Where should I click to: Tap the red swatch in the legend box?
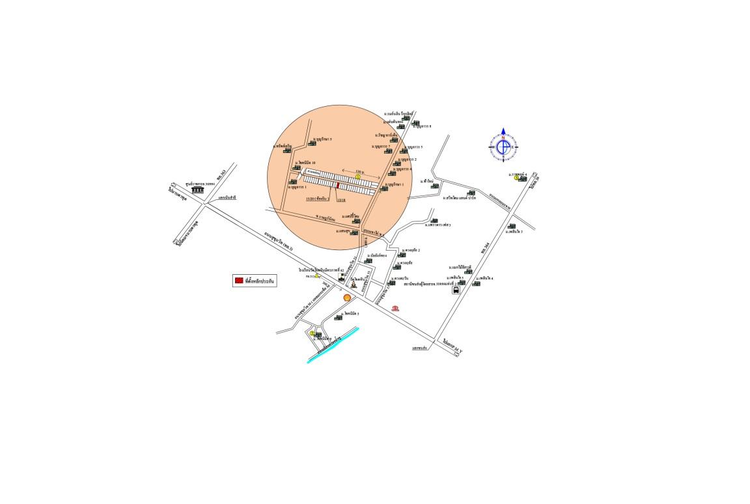point(239,281)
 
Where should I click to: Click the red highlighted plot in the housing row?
point(338,186)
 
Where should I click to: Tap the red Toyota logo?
point(395,308)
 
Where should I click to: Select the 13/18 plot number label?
point(340,200)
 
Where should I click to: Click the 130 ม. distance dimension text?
point(359,171)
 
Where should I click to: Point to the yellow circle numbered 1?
point(358,176)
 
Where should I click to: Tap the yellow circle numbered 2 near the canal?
point(312,333)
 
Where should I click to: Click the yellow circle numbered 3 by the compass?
point(517,178)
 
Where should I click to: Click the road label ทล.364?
point(485,247)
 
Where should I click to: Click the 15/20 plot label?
point(318,199)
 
